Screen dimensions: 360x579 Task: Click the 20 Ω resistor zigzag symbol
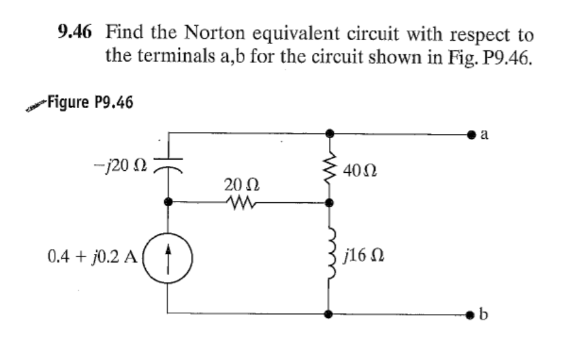click(240, 202)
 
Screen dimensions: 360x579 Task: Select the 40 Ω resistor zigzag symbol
click(328, 167)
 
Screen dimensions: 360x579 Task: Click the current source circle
click(168, 258)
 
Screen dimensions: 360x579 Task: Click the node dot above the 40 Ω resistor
click(328, 134)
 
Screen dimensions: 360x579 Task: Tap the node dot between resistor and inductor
click(328, 203)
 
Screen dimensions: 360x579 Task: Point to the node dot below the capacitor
click(168, 202)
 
